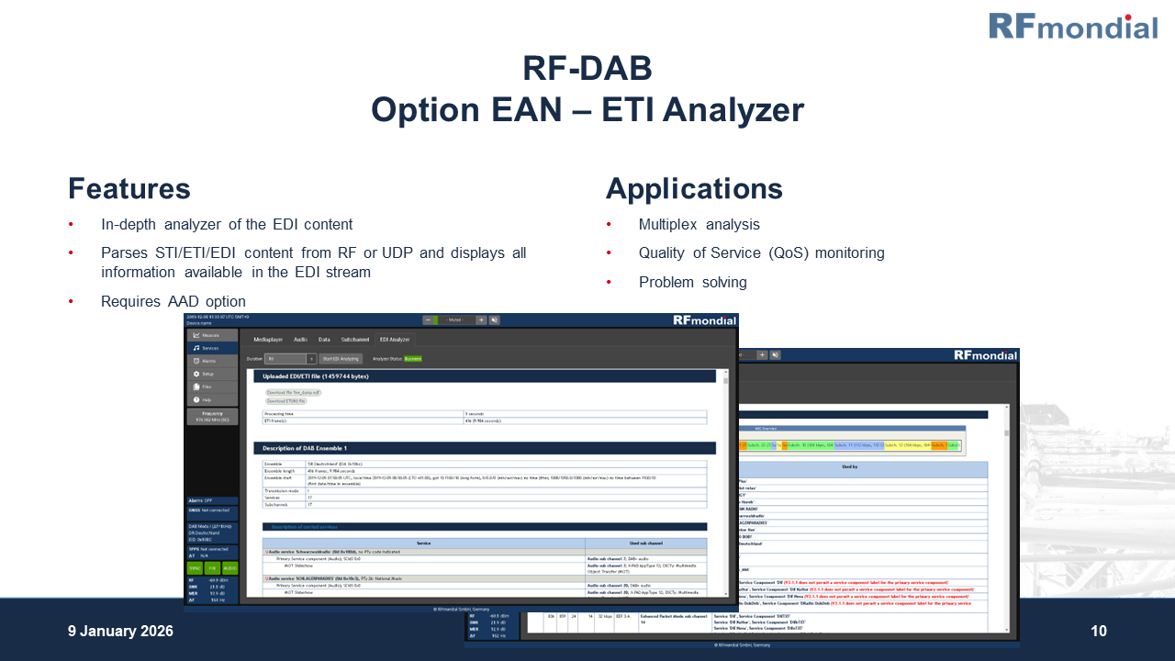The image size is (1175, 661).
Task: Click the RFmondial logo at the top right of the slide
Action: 1072,27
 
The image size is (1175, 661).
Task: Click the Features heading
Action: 129,189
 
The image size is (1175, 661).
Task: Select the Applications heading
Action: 694,189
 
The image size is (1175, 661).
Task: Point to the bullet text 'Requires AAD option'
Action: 173,301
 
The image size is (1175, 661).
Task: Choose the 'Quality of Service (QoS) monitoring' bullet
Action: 761,253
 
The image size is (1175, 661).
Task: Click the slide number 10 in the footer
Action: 1099,631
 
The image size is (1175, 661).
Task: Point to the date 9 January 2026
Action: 120,631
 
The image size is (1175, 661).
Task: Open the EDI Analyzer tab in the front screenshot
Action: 395,340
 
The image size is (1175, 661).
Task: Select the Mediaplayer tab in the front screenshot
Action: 268,340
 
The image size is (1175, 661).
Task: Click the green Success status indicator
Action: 413,359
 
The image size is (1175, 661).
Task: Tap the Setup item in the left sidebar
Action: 208,374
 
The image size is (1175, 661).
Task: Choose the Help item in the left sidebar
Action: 207,399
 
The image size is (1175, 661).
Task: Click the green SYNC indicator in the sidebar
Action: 195,568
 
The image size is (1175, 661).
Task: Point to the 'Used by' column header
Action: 849,467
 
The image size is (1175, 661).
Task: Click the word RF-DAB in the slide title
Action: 587,69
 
